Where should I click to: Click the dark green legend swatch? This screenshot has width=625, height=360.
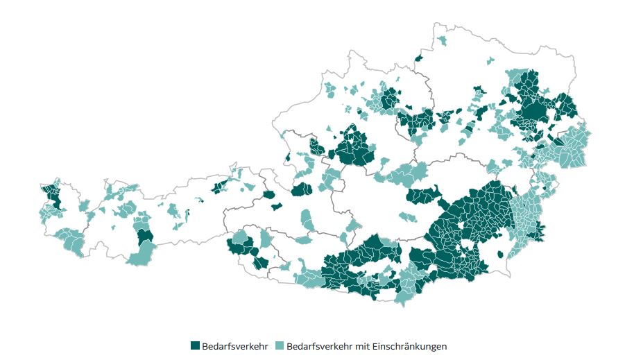point(195,345)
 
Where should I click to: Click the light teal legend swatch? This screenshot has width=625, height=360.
point(280,345)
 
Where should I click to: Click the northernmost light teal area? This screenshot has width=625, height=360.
point(442,41)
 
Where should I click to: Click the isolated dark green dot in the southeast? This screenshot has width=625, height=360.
point(501,255)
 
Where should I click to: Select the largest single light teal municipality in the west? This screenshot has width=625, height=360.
point(142,259)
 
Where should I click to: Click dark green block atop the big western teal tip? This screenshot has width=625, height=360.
point(145,238)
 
